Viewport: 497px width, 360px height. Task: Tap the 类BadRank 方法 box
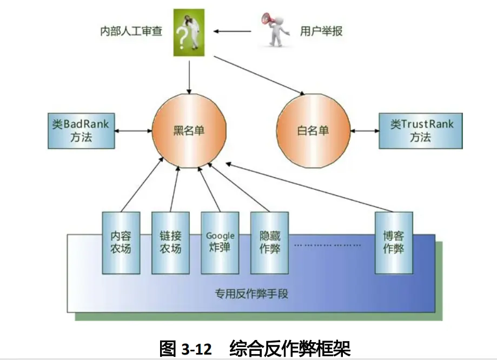(x=81, y=130)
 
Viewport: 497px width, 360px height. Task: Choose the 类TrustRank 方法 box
(x=420, y=130)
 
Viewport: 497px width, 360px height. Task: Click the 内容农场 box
(x=121, y=243)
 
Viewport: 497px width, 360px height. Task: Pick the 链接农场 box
(x=170, y=243)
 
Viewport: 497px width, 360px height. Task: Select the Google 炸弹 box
(x=220, y=243)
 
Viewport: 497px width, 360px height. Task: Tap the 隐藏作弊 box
(x=269, y=243)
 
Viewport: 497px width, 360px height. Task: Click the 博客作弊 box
(x=393, y=243)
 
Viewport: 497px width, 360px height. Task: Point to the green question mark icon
(x=189, y=32)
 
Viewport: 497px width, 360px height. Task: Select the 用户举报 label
(x=321, y=31)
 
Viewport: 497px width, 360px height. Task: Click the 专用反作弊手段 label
(x=251, y=295)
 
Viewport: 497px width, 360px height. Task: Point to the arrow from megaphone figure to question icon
(x=232, y=31)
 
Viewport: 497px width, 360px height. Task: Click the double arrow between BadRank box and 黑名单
(x=133, y=130)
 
